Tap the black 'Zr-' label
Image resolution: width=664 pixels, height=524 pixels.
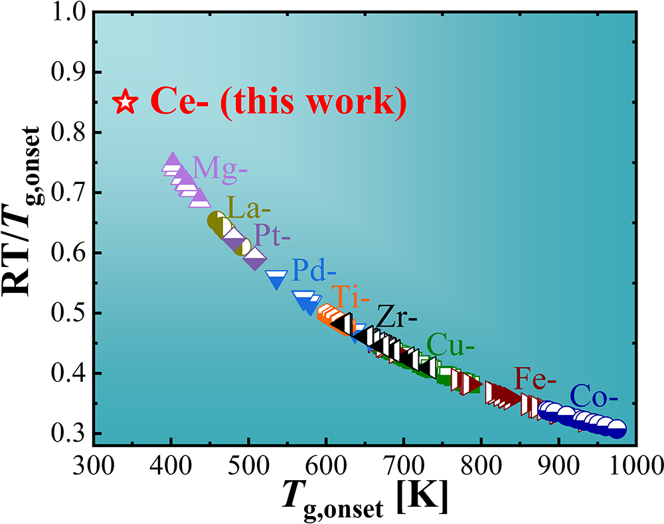tap(396, 317)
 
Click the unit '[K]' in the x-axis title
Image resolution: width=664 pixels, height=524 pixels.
tap(422, 497)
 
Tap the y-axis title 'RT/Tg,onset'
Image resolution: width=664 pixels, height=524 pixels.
tap(27, 226)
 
